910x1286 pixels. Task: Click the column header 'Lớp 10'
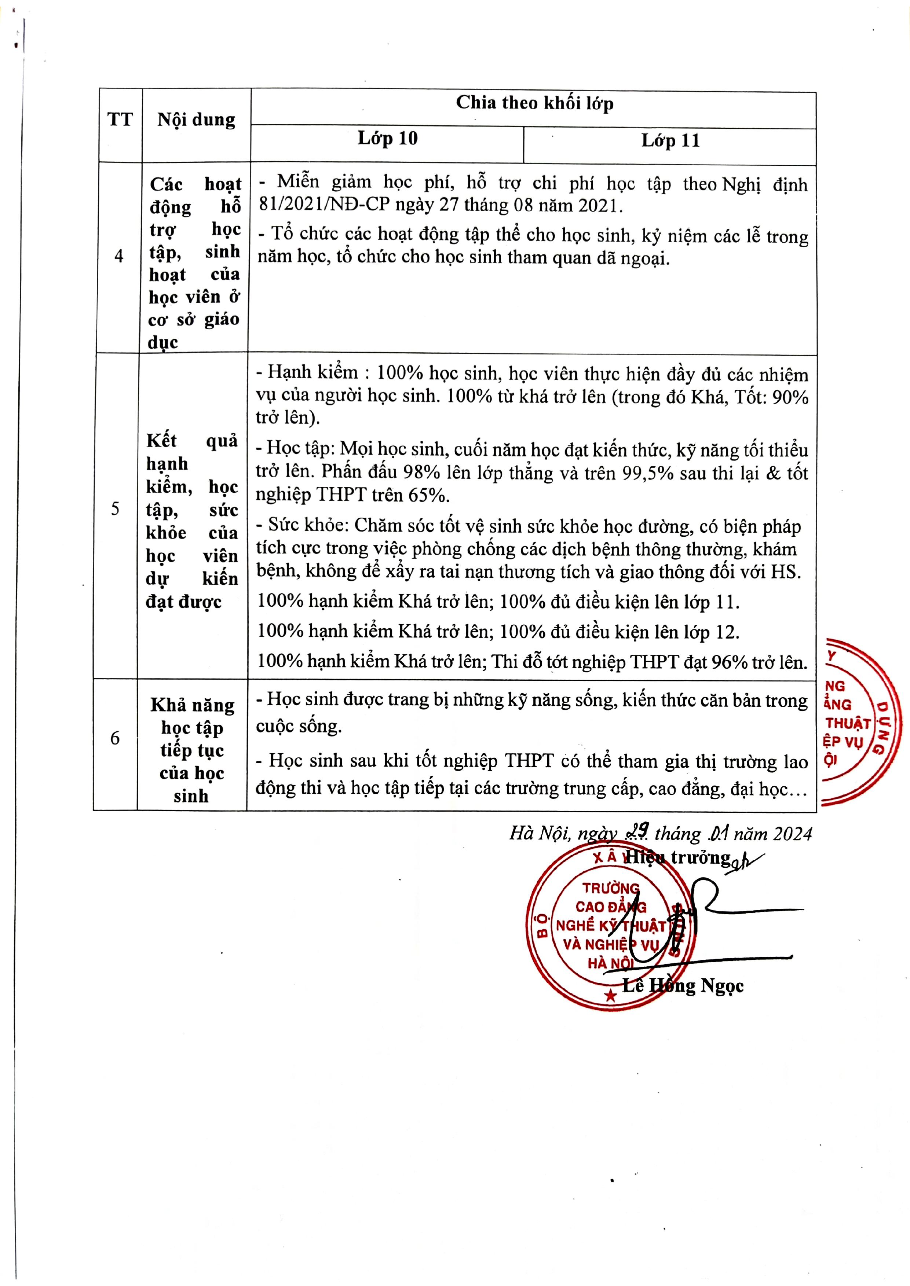coord(388,139)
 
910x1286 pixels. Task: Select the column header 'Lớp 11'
coord(670,140)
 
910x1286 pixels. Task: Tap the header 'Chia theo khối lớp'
coord(534,103)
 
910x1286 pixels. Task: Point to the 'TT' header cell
coord(120,119)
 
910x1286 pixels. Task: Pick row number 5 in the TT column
coord(116,508)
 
